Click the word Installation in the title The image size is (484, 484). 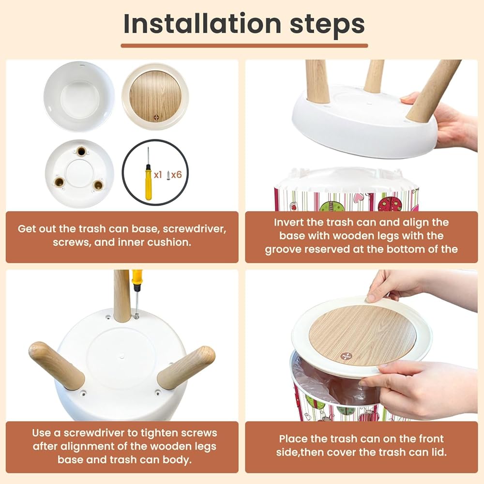202,24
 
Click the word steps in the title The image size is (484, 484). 327,25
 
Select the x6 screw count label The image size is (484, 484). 177,175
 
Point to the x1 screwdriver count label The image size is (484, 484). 158,175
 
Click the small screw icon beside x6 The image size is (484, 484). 168,175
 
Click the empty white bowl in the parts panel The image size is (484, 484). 79,96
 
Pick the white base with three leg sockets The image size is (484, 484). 80,174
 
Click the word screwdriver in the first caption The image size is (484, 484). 195,229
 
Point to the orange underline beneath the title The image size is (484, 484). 244,45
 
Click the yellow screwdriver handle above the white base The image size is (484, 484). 137,277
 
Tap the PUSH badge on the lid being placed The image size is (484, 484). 346,356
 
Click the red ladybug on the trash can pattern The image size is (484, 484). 390,204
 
